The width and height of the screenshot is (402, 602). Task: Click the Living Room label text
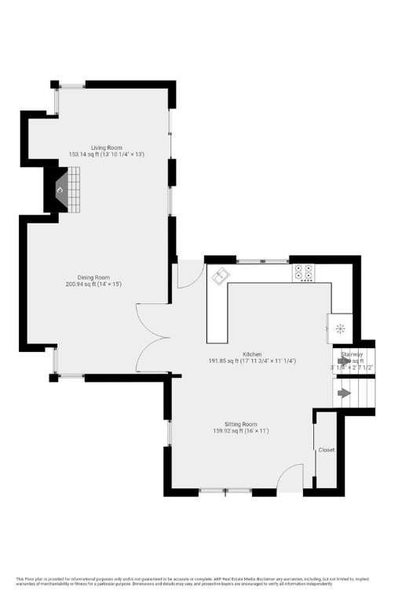(106, 147)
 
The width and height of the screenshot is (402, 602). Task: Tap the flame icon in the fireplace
(59, 190)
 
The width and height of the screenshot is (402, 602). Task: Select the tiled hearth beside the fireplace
(73, 190)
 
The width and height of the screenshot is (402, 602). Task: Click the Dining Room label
(93, 277)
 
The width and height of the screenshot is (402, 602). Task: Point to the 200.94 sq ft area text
(93, 284)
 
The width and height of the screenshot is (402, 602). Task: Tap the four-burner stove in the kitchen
(304, 272)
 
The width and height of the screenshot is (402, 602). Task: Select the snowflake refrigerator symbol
(340, 328)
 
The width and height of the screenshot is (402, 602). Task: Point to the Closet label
(327, 451)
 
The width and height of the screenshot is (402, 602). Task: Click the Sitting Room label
(241, 423)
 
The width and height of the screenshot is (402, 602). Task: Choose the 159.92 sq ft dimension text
(241, 430)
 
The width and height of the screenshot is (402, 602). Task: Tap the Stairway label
(351, 354)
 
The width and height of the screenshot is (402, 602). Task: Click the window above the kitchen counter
(263, 259)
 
